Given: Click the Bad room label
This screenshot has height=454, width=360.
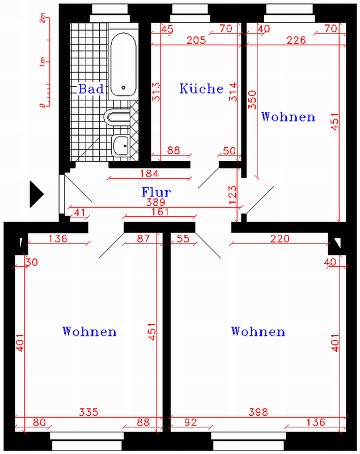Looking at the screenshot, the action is (91, 89).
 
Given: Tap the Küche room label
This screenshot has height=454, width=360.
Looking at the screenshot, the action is (201, 89).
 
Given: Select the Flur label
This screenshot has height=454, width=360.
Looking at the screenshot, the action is (156, 192).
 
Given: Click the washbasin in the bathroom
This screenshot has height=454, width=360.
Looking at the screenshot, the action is (121, 146).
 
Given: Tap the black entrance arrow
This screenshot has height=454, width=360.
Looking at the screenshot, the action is (37, 194).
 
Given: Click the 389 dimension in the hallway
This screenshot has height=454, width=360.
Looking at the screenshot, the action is (155, 202).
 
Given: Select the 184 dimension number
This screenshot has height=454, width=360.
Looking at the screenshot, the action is (150, 174).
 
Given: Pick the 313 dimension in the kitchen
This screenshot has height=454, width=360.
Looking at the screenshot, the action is (156, 92).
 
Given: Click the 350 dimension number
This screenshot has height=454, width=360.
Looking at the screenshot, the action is (252, 100).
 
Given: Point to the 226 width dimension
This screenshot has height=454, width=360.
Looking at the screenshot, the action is (296, 40).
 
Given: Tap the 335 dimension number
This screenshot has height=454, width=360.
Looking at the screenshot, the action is (89, 412).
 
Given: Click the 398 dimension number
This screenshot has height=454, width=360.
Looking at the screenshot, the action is (258, 412).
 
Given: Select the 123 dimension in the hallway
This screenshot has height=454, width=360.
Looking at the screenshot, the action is (232, 195).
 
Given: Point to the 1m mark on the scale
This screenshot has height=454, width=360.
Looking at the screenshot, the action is (43, 62).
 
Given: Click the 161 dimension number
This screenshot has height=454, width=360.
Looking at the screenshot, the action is (160, 212).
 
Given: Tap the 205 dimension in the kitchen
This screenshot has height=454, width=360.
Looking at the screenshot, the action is (196, 40).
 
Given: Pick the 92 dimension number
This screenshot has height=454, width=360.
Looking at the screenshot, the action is (190, 422).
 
